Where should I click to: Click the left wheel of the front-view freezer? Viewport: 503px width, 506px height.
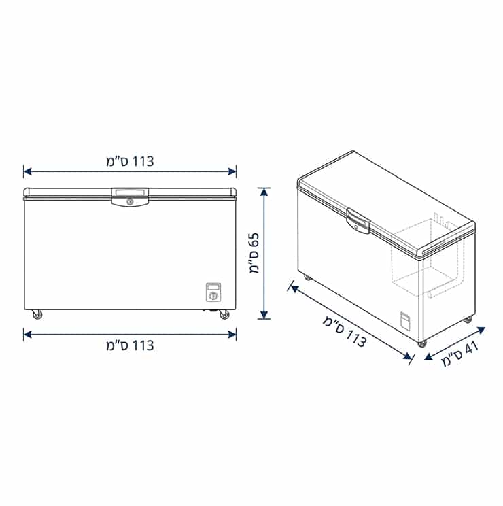[x=37, y=314]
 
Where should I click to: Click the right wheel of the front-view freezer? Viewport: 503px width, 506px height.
[x=224, y=314]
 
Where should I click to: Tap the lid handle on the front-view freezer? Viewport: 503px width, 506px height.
[x=131, y=197]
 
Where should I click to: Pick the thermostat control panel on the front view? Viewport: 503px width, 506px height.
[x=213, y=292]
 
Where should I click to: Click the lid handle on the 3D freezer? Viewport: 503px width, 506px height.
[x=358, y=221]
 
